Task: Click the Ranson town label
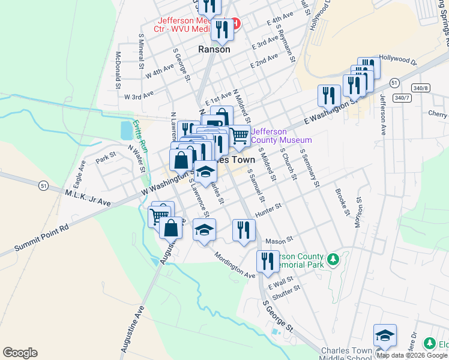pos(214,49)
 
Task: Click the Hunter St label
pos(268,209)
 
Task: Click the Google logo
pos(20,353)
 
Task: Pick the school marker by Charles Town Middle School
pos(385,336)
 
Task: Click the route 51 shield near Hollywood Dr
pos(394,82)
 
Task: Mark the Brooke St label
pos(343,202)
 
